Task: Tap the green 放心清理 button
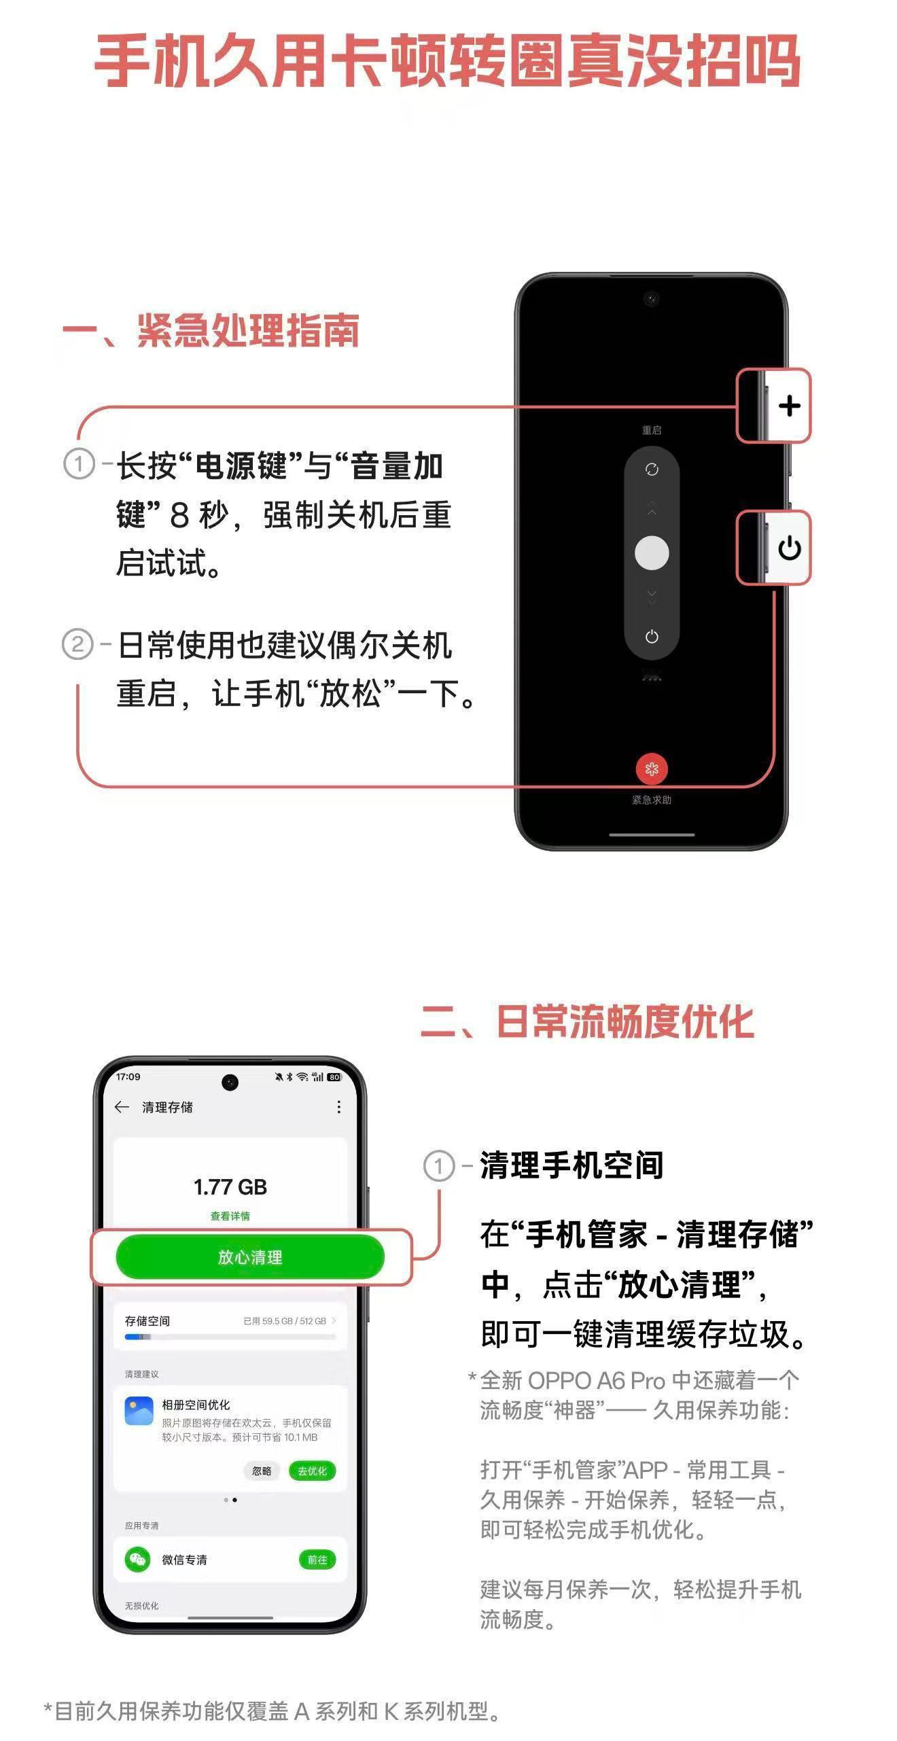click(250, 1256)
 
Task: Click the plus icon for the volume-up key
click(789, 406)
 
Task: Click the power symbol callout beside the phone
click(789, 548)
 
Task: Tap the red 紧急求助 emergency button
click(652, 769)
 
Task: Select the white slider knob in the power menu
click(652, 552)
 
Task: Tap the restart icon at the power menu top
click(652, 470)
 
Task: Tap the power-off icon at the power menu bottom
click(652, 637)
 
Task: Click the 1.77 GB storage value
click(230, 1187)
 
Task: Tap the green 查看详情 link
click(230, 1216)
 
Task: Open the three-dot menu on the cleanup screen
click(338, 1107)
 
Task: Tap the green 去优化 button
click(313, 1471)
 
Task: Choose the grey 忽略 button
click(262, 1471)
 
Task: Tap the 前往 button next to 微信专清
click(317, 1560)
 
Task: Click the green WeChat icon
click(138, 1559)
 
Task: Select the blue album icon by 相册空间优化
click(139, 1411)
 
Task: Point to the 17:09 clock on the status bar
click(128, 1076)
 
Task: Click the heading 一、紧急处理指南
click(211, 331)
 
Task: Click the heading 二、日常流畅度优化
click(587, 1021)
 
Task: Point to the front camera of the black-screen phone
click(652, 298)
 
